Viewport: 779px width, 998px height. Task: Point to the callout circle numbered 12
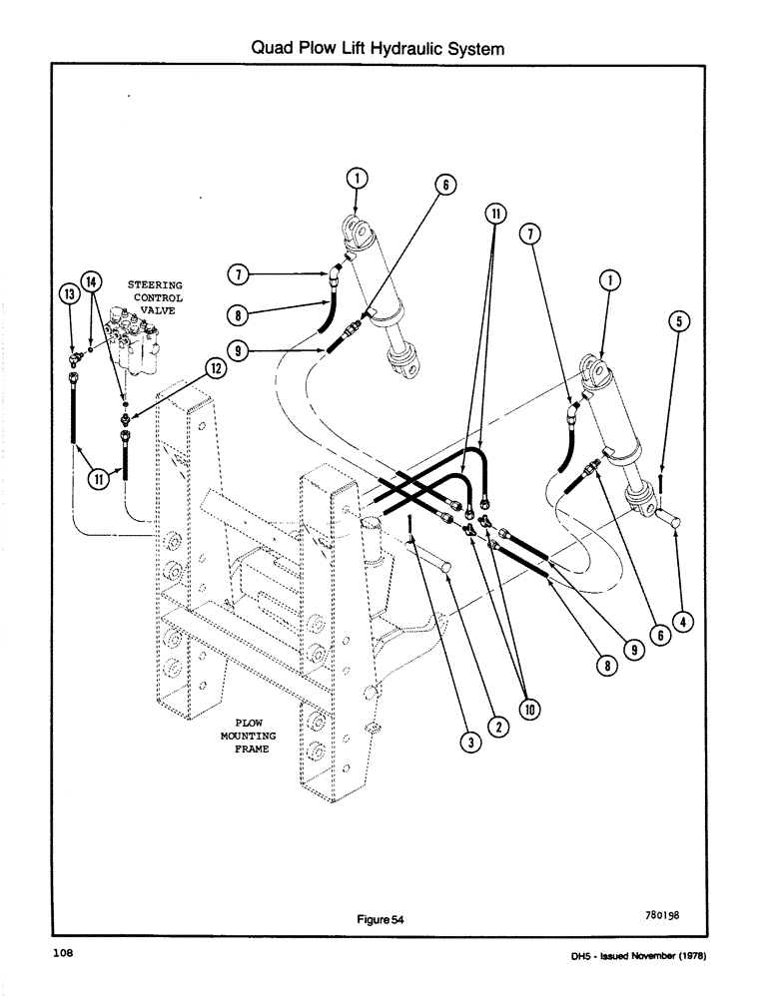point(214,368)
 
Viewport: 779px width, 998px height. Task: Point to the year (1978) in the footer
point(689,956)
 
